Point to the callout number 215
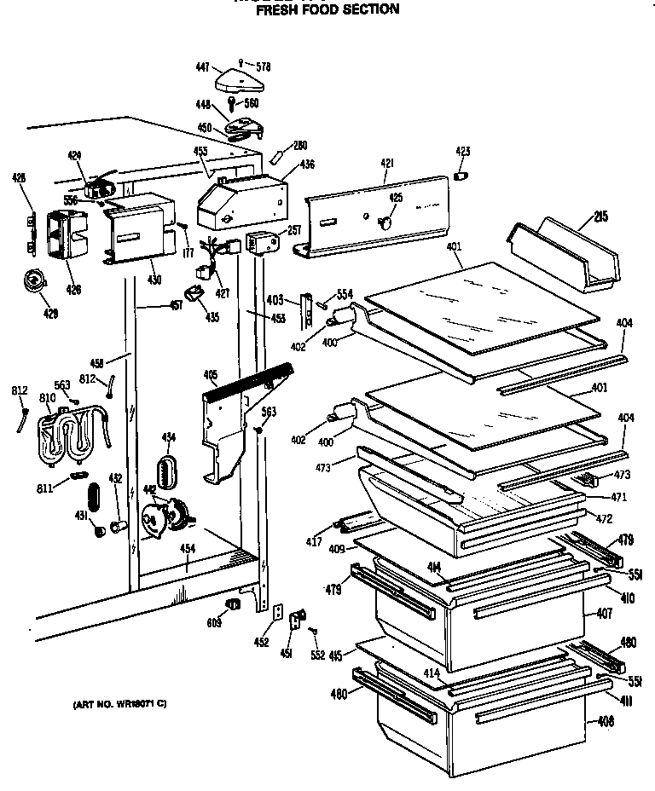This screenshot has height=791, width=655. tap(601, 218)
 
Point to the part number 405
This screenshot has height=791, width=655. tap(210, 374)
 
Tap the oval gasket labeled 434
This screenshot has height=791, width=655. tap(166, 471)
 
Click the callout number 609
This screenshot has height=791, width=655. tap(213, 623)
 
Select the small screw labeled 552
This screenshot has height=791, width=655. tap(317, 655)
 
